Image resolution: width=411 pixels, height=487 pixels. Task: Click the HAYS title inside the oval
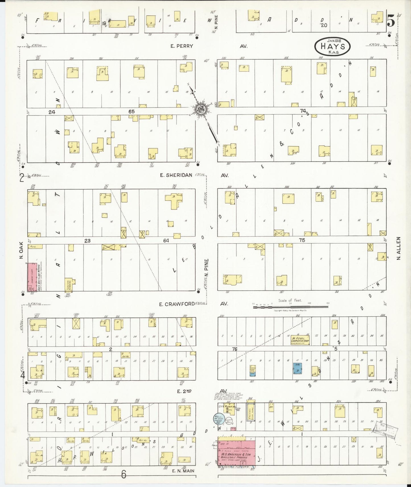click(332, 46)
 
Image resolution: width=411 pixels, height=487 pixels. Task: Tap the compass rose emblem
click(201, 109)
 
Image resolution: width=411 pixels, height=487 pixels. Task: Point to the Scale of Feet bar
click(290, 306)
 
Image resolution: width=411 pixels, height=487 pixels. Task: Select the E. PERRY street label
click(182, 46)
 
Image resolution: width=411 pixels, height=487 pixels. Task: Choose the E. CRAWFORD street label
click(176, 304)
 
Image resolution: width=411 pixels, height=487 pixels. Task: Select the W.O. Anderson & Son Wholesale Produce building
click(236, 454)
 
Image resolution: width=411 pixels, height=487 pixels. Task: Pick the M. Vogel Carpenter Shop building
click(300, 340)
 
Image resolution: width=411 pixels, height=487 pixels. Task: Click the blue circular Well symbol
click(218, 419)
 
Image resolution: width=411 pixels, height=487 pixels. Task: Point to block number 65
click(131, 112)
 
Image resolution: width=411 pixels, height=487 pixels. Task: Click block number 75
click(302, 240)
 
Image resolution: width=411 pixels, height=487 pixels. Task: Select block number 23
click(87, 241)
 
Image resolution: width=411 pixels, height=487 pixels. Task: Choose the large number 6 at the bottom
click(123, 474)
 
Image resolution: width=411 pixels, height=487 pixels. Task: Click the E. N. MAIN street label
click(183, 471)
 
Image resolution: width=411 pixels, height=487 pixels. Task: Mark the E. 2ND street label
click(184, 391)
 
